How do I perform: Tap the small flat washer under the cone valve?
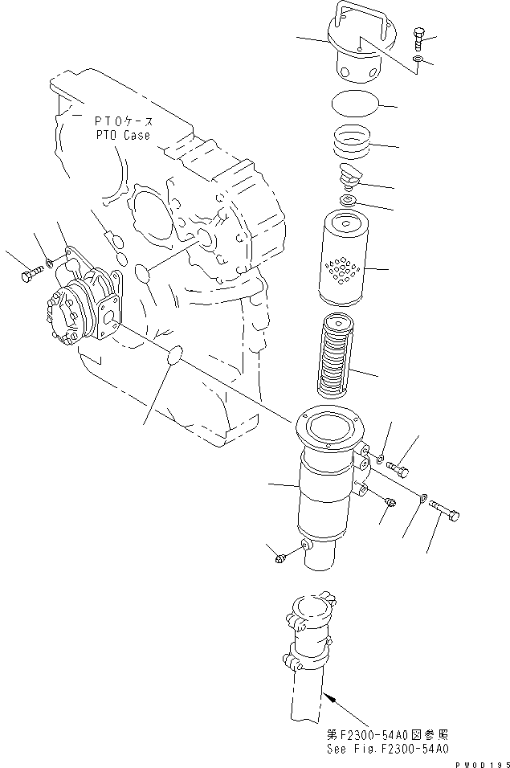(x=349, y=198)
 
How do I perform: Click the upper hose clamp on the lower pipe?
(x=308, y=619)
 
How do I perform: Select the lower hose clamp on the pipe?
(x=308, y=661)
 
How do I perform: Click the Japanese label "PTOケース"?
(x=123, y=120)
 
